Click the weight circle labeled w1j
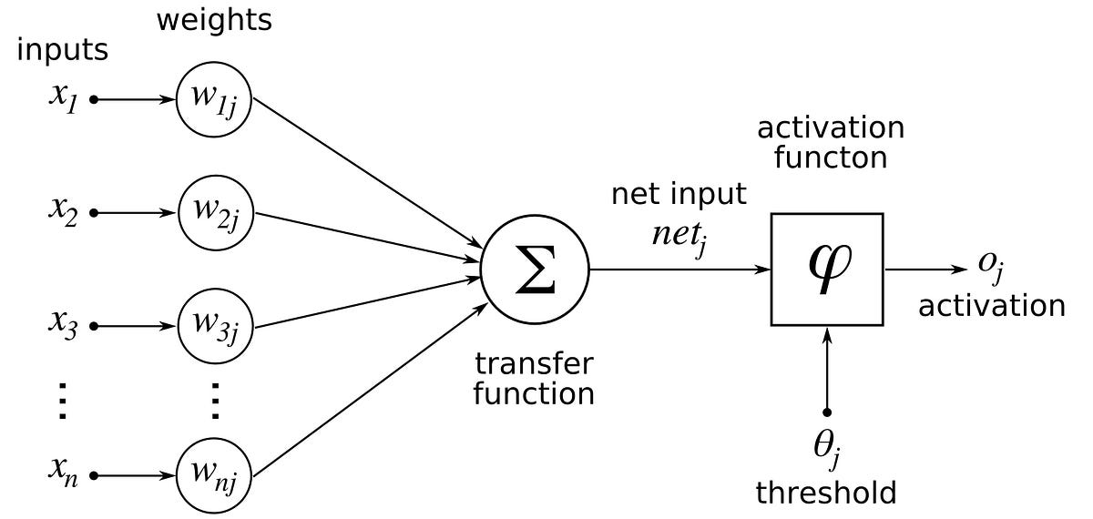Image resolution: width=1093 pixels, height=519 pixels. click(x=215, y=99)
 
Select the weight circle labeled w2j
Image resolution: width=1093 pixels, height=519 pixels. click(x=215, y=214)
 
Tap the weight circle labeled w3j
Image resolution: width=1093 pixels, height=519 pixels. click(x=215, y=326)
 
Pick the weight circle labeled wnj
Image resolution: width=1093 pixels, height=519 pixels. click(x=215, y=475)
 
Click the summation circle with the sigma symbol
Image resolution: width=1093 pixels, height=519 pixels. click(x=535, y=270)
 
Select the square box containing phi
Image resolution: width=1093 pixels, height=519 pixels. click(x=827, y=270)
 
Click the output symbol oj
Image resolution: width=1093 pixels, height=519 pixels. click(x=991, y=264)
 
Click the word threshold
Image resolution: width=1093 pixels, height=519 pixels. click(x=826, y=493)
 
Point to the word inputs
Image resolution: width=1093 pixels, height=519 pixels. click(x=63, y=51)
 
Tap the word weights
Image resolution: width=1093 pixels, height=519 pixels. click(x=215, y=20)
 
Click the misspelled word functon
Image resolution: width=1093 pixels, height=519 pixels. click(x=830, y=158)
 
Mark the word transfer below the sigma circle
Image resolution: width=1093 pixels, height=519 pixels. click(x=534, y=364)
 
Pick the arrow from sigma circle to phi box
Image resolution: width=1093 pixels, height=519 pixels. click(x=679, y=270)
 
